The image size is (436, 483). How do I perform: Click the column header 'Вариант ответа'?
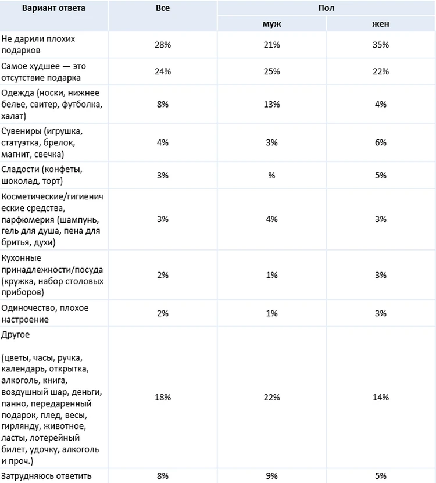tap(53, 8)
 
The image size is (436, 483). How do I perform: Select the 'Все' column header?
tap(163, 8)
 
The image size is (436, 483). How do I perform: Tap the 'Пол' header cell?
tap(326, 8)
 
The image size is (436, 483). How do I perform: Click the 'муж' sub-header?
tap(271, 24)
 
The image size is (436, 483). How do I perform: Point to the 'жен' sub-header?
tap(381, 24)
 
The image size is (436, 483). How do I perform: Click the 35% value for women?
tap(381, 45)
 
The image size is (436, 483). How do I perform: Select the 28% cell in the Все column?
tap(163, 45)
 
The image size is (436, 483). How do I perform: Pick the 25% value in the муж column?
tap(271, 71)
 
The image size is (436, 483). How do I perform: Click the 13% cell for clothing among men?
tap(271, 105)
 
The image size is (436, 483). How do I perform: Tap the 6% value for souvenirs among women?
tap(381, 142)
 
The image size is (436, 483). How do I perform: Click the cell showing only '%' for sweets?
tap(271, 176)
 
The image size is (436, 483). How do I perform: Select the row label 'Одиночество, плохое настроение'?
tap(45, 314)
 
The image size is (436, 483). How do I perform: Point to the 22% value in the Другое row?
tap(271, 398)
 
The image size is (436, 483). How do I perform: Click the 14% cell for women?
tap(381, 398)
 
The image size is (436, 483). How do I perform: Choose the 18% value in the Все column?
tap(163, 398)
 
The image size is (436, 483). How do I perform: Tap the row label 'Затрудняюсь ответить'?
tap(47, 476)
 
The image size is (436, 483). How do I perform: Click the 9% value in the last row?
tap(271, 476)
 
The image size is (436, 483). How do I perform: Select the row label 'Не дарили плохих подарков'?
tap(38, 45)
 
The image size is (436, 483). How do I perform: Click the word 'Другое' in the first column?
tap(16, 335)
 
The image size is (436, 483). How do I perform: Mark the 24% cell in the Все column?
tap(163, 71)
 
